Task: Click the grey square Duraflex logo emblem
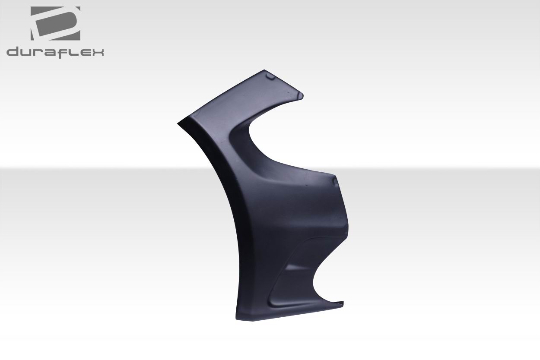[55, 24]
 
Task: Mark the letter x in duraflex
[98, 53]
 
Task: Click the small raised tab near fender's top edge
[270, 77]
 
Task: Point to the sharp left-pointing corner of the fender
[179, 123]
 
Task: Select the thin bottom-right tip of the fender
[342, 303]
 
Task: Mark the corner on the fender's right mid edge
[334, 176]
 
